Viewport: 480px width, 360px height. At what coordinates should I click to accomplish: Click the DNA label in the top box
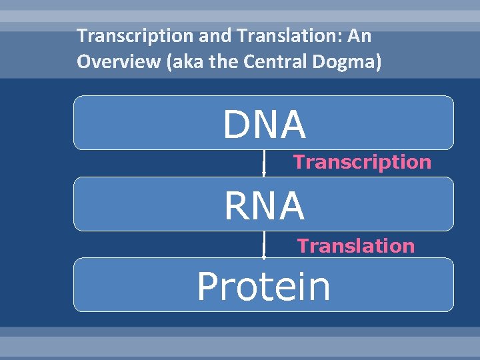point(264,125)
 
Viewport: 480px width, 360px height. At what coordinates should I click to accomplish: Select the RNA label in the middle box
point(264,206)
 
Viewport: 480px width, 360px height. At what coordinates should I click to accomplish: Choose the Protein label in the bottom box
point(263,287)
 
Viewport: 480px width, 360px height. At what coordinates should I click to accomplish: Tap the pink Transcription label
point(362,162)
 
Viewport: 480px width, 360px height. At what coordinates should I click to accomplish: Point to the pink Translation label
point(356,246)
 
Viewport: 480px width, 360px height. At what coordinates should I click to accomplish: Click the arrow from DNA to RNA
point(264,163)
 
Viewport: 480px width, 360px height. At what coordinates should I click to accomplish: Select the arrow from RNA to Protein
point(264,244)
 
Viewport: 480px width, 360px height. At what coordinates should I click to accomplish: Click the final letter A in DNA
point(293,125)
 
